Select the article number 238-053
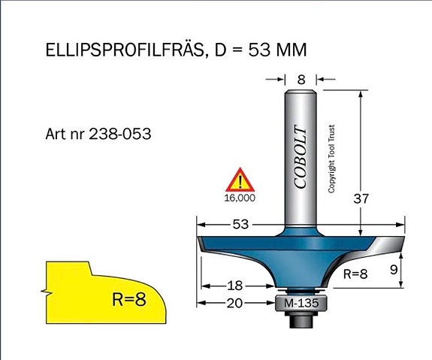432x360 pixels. click(120, 134)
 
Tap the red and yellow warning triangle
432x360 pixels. click(240, 180)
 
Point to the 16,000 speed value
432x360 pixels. click(240, 198)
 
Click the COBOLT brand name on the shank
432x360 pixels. click(301, 157)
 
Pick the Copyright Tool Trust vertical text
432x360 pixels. click(331, 159)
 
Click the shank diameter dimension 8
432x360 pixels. click(301, 80)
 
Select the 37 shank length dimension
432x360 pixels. click(361, 198)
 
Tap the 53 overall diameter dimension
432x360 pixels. click(241, 225)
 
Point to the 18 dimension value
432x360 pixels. click(235, 286)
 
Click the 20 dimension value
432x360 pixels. click(235, 303)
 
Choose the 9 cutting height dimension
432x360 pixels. click(394, 270)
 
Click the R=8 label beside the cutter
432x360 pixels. click(355, 274)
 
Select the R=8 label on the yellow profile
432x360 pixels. click(129, 299)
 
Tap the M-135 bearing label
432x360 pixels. click(301, 303)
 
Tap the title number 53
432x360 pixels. click(259, 50)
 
